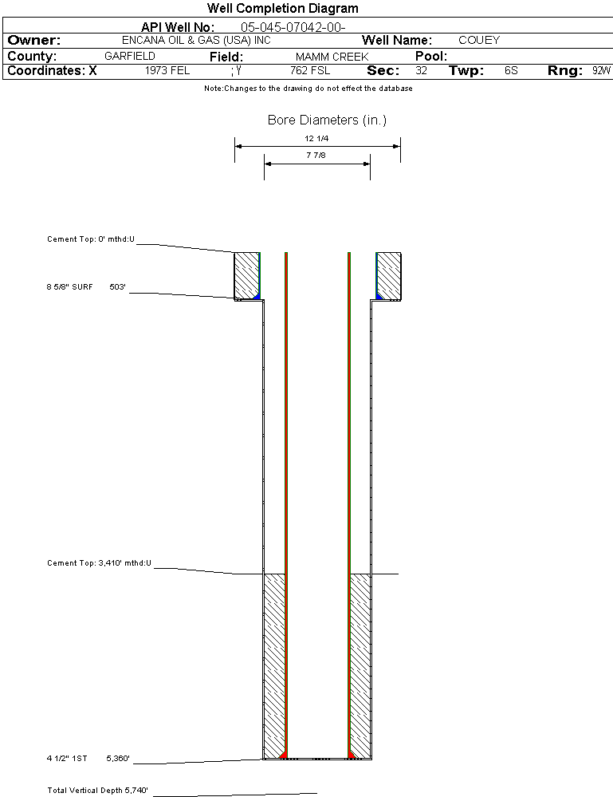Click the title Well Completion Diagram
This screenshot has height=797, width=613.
282,9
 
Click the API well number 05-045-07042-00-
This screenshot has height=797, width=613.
293,27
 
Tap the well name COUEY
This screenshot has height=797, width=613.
478,40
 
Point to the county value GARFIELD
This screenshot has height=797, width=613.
130,57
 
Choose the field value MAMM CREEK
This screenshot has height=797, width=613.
332,57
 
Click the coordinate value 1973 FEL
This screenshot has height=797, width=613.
167,70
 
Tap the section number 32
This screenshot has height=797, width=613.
422,70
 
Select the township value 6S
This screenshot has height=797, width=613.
511,70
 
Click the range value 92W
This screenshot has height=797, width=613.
601,70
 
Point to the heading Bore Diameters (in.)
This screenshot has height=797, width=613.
327,120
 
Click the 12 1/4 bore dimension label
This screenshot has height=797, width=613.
316,138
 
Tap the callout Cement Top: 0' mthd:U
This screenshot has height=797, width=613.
91,239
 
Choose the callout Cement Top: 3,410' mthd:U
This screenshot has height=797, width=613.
98,563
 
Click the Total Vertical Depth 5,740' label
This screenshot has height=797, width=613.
97,791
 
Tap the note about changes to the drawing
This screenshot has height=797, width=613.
308,89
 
